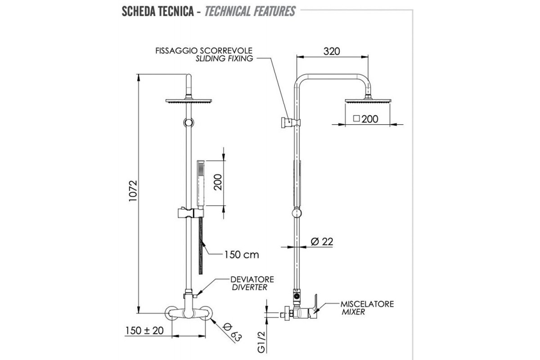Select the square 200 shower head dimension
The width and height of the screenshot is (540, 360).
coord(365,119)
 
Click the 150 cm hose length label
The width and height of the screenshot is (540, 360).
coord(242,255)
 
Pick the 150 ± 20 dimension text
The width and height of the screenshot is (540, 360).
coord(144,330)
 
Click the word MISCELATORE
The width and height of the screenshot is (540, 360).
coord(367,304)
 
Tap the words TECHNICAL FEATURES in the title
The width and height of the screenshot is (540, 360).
coord(250,11)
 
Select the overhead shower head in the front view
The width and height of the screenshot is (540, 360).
coord(189,102)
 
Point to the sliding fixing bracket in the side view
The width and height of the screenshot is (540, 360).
coord(288,121)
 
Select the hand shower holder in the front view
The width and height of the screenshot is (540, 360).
coord(189,211)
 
